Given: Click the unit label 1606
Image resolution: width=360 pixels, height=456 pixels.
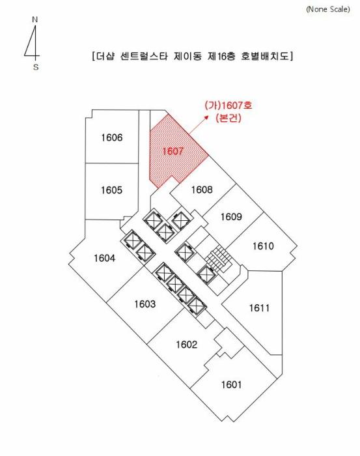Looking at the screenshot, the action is pyautogui.click(x=112, y=137).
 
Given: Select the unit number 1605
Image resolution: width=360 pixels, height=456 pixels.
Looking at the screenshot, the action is pyautogui.click(x=111, y=190).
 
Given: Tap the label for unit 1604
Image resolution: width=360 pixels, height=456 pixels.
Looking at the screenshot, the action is pyautogui.click(x=104, y=258).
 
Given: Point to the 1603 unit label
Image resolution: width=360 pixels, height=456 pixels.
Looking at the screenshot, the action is pyautogui.click(x=145, y=304).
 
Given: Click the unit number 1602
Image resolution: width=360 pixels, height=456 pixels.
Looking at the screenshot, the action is pyautogui.click(x=187, y=345).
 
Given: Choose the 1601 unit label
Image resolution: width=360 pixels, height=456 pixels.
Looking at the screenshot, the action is pyautogui.click(x=231, y=385).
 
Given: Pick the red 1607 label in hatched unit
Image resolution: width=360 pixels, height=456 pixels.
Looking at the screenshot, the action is pyautogui.click(x=173, y=151).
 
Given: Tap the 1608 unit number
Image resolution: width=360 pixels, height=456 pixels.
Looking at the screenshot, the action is pyautogui.click(x=202, y=190).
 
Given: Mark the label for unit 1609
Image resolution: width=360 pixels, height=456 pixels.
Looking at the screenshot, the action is pyautogui.click(x=231, y=217).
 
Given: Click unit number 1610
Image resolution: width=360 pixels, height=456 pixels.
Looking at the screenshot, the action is pyautogui.click(x=263, y=246).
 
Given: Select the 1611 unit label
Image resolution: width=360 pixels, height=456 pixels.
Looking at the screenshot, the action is pyautogui.click(x=260, y=307).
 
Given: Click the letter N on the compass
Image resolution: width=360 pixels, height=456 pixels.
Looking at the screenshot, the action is pyautogui.click(x=35, y=20).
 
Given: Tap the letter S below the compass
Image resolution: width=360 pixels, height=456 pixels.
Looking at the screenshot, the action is pyautogui.click(x=36, y=67).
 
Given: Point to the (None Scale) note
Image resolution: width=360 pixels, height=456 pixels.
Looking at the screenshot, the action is pyautogui.click(x=328, y=9).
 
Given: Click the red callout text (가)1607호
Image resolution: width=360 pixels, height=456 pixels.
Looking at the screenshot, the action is pyautogui.click(x=228, y=105).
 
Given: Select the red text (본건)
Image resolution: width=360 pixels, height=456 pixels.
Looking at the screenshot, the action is pyautogui.click(x=228, y=118).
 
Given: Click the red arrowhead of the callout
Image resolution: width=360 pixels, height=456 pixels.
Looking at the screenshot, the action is pyautogui.click(x=206, y=117).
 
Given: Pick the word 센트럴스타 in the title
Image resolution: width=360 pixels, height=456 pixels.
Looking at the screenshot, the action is pyautogui.click(x=144, y=56).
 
